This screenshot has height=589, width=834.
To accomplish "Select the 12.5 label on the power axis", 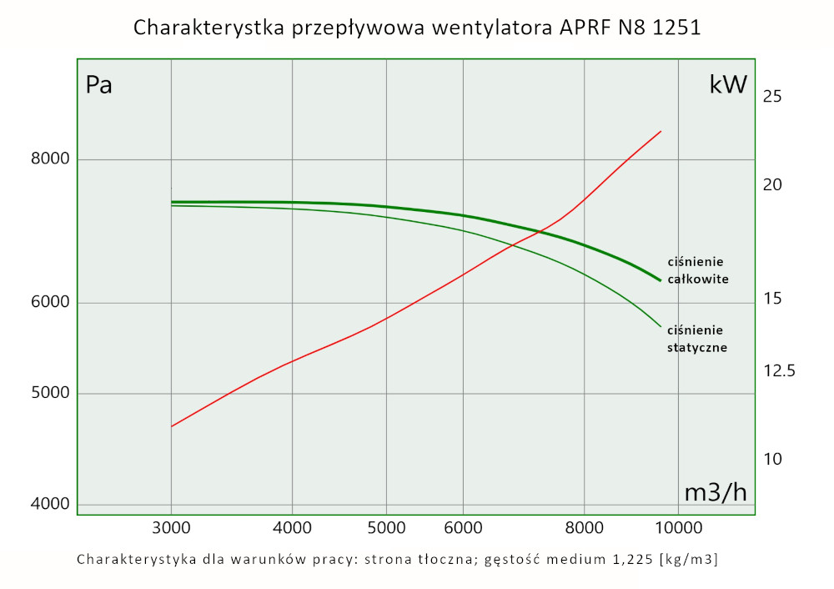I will tap(779, 370).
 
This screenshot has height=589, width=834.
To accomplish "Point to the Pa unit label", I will tap(99, 85).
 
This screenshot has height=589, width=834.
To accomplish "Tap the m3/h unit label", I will tap(716, 492).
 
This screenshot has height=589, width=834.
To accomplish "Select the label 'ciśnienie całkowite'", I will tap(698, 270).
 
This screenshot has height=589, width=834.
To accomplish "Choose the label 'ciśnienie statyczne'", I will tap(697, 338).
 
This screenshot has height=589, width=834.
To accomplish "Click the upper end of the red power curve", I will tap(661, 131).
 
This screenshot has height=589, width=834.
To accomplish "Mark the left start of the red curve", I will tap(172, 426).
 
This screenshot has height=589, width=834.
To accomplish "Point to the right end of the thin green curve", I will tap(661, 326).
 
